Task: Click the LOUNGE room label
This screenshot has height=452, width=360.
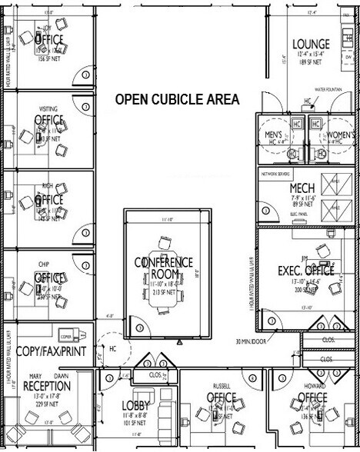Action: (312, 45)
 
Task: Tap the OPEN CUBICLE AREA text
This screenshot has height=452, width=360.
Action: (177, 100)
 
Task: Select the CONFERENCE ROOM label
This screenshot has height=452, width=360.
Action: (164, 268)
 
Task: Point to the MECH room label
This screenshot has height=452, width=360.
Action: (302, 188)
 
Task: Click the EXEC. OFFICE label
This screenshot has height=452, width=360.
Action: (305, 271)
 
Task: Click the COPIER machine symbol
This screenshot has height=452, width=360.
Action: (67, 337)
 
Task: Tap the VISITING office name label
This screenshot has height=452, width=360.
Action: (48, 108)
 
